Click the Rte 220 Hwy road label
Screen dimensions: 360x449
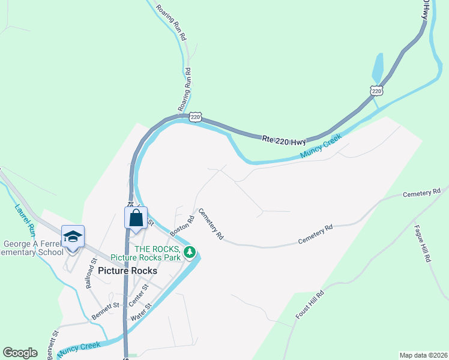285,140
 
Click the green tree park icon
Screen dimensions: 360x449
190,252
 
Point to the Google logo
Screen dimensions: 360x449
20,353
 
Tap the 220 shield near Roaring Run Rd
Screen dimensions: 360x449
194,118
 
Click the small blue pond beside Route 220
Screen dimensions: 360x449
378,68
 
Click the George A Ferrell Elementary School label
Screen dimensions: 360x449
34,248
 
